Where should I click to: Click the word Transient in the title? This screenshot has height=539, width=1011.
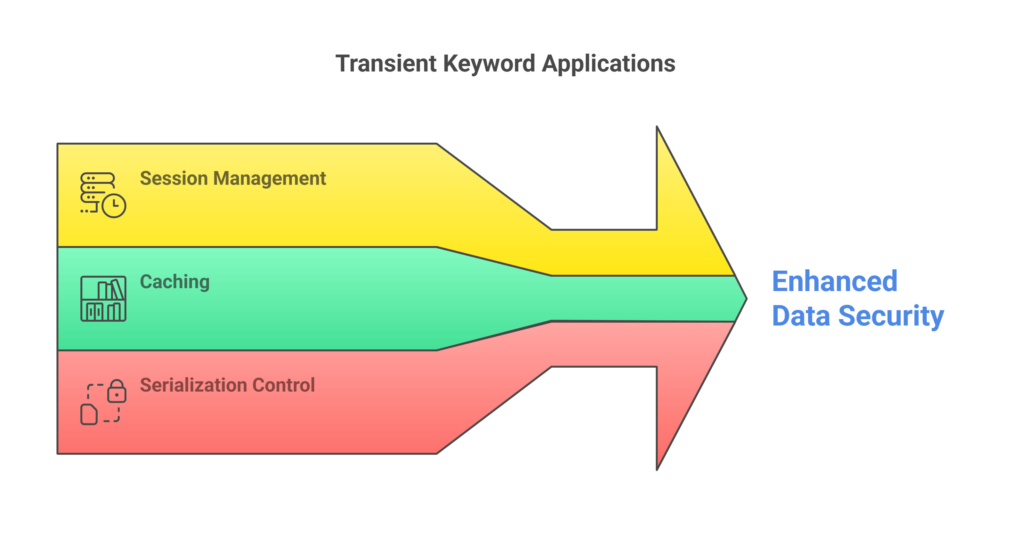coord(386,63)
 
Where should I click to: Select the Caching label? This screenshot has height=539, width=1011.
coord(175,282)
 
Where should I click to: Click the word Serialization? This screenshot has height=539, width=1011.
coord(193,385)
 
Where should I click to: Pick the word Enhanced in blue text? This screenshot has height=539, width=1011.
coord(835,281)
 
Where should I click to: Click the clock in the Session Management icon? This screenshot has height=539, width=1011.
coord(114,205)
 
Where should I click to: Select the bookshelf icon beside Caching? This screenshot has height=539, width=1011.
coord(103,299)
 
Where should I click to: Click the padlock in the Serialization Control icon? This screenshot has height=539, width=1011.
coord(117,391)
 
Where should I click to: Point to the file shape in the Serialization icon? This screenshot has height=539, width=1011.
coord(89,414)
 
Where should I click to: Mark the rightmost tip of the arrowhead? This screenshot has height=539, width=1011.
coord(746,299)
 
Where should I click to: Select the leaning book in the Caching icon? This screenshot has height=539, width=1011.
coord(118,289)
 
